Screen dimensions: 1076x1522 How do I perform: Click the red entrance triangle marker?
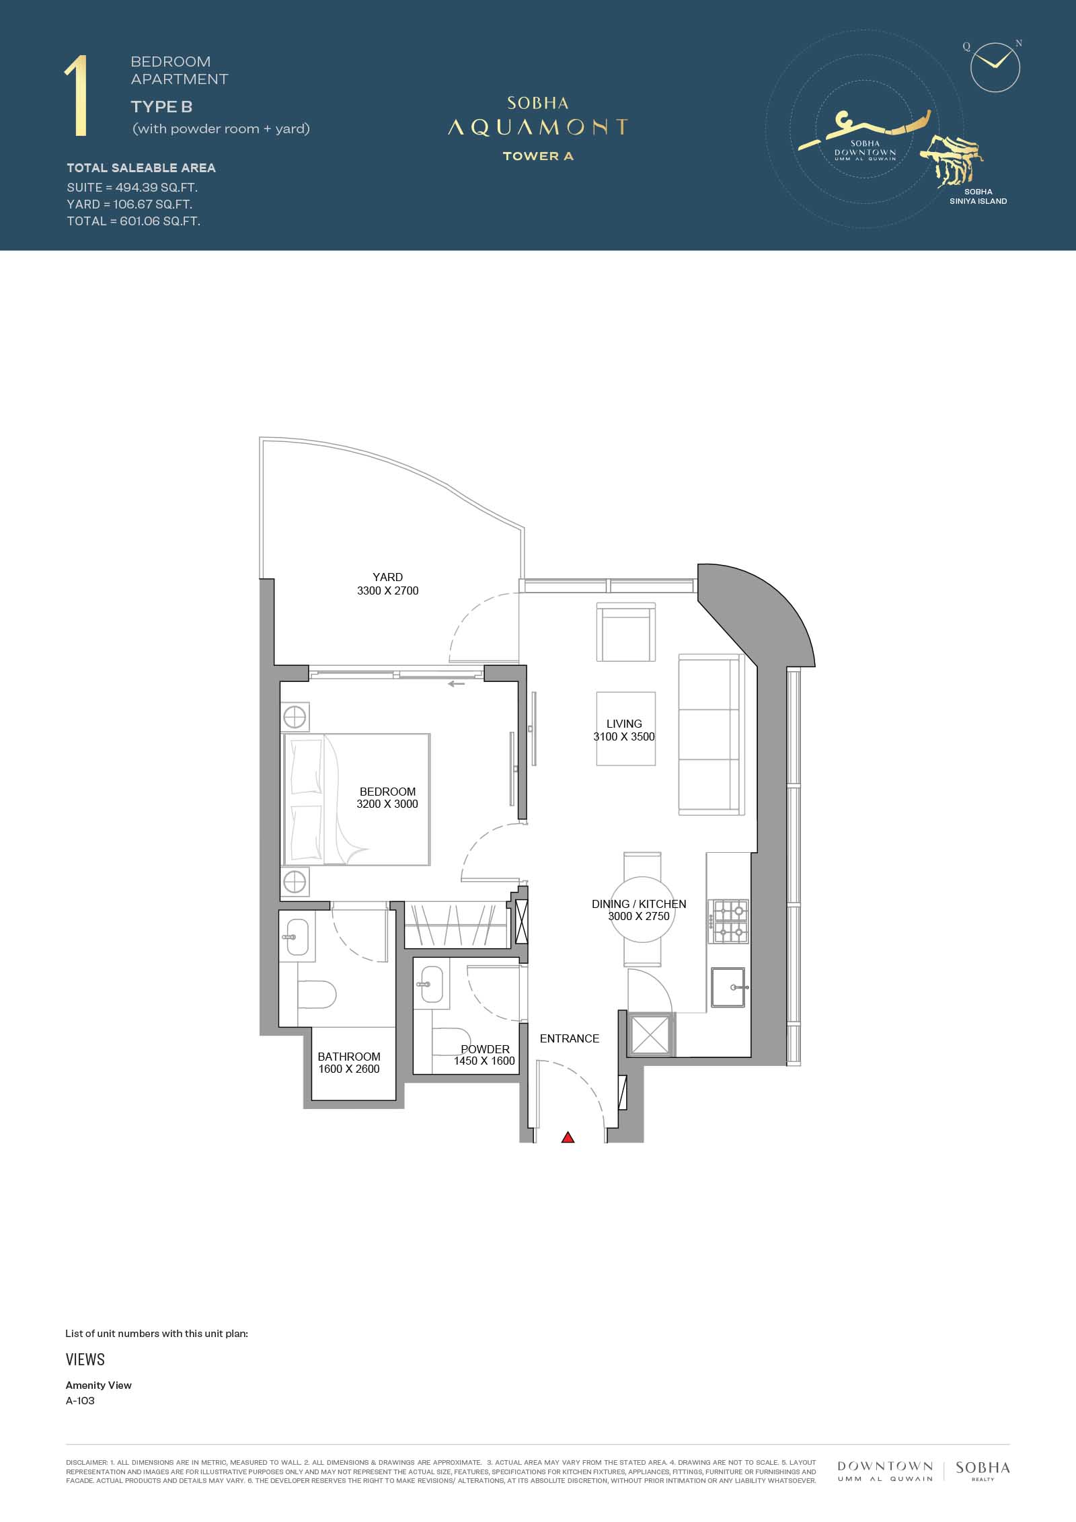pyautogui.click(x=568, y=1137)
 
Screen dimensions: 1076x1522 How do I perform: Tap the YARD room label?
pyautogui.click(x=387, y=577)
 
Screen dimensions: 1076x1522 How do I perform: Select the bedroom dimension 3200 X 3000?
pyautogui.click(x=387, y=804)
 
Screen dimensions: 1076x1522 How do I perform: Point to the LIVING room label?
pyautogui.click(x=624, y=724)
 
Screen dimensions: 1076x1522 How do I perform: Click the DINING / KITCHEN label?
pyautogui.click(x=639, y=904)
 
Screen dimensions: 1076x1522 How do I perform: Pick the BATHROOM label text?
pyautogui.click(x=349, y=1057)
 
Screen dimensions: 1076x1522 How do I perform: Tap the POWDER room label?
pyautogui.click(x=485, y=1049)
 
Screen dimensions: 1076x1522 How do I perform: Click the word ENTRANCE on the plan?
pyautogui.click(x=569, y=1038)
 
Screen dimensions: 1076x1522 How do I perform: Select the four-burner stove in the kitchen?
pyautogui.click(x=728, y=922)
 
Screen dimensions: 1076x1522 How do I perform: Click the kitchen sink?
pyautogui.click(x=728, y=987)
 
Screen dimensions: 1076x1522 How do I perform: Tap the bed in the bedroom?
pyautogui.click(x=357, y=799)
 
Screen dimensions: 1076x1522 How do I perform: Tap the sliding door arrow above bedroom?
pyautogui.click(x=457, y=685)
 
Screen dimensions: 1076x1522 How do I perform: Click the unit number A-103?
pyautogui.click(x=80, y=1401)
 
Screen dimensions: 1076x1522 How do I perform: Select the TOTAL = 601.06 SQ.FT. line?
pyautogui.click(x=133, y=221)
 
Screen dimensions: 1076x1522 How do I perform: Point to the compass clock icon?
pyautogui.click(x=995, y=67)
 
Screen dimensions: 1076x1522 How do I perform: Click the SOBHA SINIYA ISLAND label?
pyautogui.click(x=978, y=196)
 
